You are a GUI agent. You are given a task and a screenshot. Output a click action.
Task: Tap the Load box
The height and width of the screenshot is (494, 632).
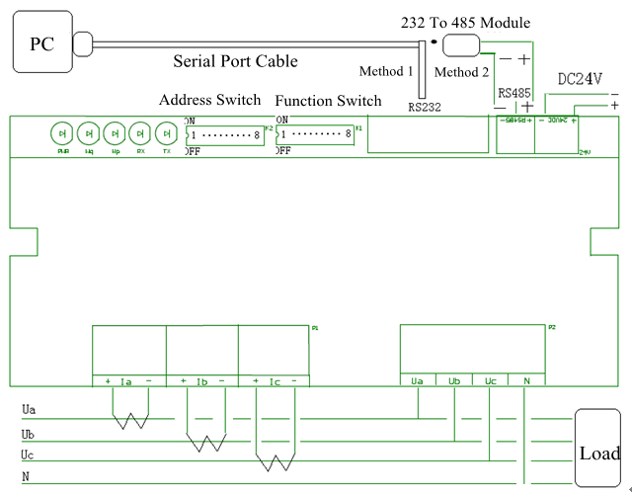(x=599, y=453)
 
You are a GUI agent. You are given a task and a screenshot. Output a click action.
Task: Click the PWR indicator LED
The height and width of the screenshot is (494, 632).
(x=61, y=132)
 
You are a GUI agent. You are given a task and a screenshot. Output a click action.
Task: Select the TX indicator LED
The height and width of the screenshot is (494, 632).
(x=167, y=132)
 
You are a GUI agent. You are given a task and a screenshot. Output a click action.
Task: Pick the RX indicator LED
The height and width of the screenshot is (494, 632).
(x=141, y=132)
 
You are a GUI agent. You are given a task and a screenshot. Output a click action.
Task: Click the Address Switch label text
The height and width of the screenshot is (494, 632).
(x=209, y=100)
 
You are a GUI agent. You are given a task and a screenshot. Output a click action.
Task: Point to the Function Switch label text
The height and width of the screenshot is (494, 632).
(x=328, y=101)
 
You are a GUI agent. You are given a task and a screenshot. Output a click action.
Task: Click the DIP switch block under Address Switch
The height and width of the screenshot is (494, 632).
(x=224, y=133)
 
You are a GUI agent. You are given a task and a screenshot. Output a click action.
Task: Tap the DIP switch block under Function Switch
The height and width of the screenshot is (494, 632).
(x=315, y=133)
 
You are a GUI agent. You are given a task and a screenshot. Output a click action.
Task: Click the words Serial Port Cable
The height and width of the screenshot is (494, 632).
(x=235, y=61)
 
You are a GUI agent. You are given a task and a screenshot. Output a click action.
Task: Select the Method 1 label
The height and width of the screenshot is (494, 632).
(x=386, y=71)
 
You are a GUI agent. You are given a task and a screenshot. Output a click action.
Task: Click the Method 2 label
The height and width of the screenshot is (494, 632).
(x=461, y=72)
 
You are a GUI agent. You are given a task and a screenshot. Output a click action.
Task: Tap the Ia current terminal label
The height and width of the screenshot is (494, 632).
(x=126, y=381)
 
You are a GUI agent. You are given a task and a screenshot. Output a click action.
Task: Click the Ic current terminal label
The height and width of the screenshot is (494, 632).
(x=275, y=381)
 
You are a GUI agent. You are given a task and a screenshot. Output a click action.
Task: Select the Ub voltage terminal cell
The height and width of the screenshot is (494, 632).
(x=454, y=380)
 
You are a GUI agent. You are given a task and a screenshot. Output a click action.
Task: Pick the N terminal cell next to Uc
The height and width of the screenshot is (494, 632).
(x=525, y=380)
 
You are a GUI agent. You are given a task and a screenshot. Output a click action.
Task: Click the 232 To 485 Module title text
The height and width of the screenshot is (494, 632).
(x=464, y=23)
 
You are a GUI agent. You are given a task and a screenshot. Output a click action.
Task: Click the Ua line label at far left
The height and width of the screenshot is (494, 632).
(x=30, y=408)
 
